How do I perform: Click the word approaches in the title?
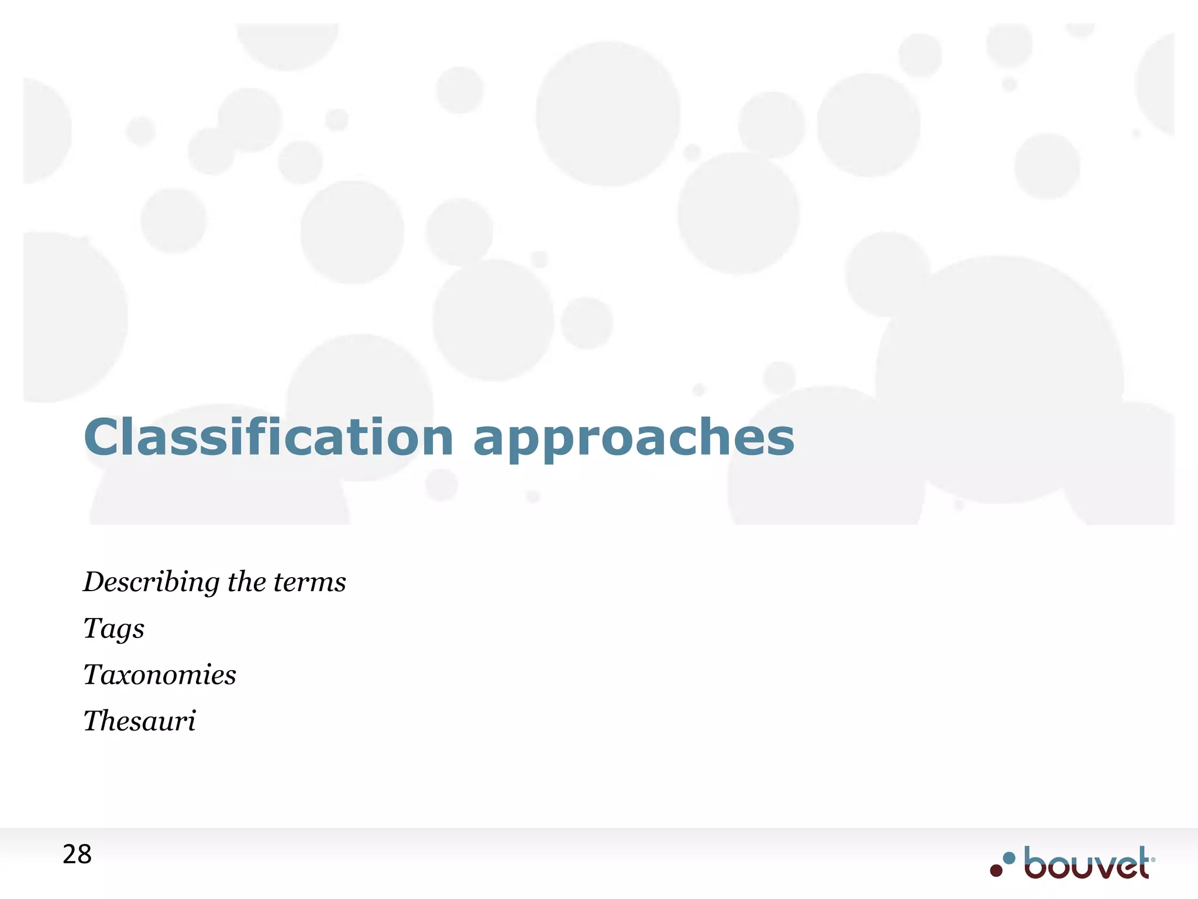point(634,440)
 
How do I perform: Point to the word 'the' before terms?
point(246,582)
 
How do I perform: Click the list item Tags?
point(113,629)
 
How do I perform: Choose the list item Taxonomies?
point(159,674)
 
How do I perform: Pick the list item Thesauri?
point(139,720)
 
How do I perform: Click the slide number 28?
point(77,855)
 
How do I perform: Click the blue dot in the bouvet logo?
point(1009,859)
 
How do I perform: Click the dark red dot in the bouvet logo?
point(996,870)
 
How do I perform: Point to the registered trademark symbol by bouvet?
point(1153,860)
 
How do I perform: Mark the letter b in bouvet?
point(1035,863)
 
